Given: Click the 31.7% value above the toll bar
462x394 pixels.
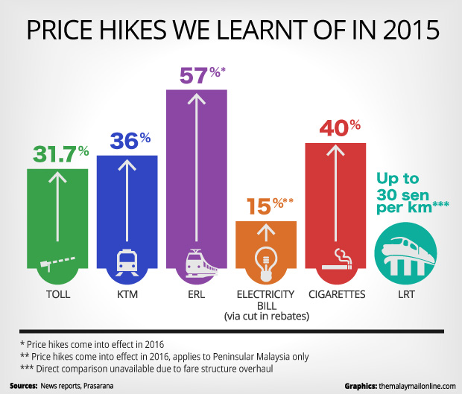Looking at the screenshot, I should pyautogui.click(x=60, y=153).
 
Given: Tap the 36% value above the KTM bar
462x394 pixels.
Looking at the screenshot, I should pyautogui.click(x=130, y=141).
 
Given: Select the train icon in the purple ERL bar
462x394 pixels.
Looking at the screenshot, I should pyautogui.click(x=197, y=262).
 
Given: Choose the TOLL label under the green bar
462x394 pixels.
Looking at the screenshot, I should pyautogui.click(x=58, y=296).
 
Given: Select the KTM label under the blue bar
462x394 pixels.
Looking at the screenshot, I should pyautogui.click(x=128, y=296).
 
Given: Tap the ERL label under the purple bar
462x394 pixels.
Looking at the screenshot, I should pyautogui.click(x=197, y=296).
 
